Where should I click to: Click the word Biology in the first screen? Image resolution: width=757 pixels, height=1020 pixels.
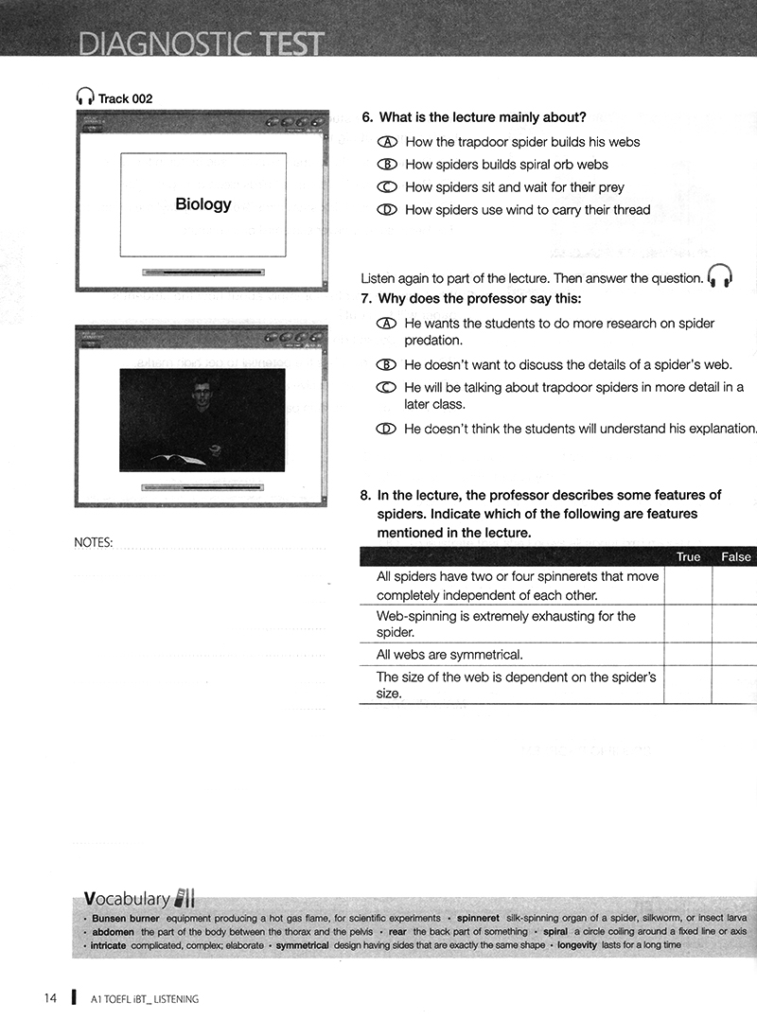202,203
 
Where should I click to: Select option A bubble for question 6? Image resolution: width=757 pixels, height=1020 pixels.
386,142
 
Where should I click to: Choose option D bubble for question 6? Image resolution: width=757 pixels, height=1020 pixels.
386,210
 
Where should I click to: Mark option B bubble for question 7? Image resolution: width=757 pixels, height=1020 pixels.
386,365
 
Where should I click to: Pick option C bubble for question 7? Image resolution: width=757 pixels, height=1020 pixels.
386,388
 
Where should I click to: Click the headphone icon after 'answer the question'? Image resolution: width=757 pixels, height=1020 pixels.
721,275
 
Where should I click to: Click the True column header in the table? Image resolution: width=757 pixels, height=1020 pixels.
688,557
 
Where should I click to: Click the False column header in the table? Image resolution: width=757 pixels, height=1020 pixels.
735,557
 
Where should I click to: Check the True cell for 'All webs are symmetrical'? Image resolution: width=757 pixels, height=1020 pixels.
688,655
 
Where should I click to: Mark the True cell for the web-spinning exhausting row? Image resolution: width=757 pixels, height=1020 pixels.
688,624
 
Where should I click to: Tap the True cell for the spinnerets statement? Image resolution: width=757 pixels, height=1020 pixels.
688,586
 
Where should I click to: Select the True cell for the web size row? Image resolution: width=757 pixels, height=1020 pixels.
688,686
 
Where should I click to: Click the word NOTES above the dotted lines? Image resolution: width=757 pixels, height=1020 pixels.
93,543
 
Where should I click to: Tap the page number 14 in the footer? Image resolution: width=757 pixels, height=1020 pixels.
51,998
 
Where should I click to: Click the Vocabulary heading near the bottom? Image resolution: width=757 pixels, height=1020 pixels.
127,898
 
